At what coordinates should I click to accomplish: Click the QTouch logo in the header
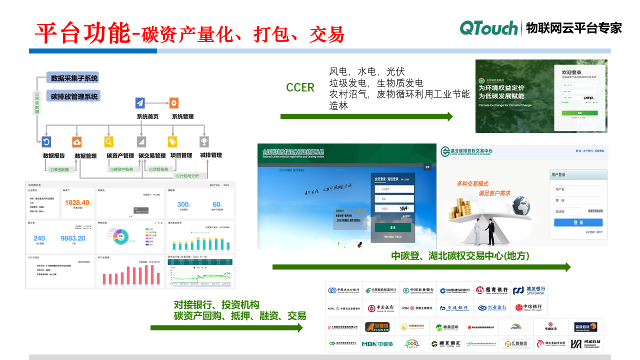coord(488,28)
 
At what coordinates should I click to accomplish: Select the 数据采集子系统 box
coord(74,78)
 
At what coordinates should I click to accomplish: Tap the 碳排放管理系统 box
coord(74,96)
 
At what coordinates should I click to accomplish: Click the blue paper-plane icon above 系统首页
coord(140,103)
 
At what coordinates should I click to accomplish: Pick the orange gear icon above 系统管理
coord(174,103)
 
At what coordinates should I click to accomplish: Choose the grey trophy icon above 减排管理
coord(204,141)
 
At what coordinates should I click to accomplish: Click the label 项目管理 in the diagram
coord(181,155)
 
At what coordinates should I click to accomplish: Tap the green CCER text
coord(300,88)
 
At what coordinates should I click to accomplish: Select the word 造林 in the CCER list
coord(338,106)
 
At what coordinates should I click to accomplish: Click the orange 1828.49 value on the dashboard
coord(77,202)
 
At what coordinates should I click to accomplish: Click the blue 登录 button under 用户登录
coord(578,222)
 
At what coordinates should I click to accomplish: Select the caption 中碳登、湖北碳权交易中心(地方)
coord(460,256)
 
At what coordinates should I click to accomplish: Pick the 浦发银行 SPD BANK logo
coord(529,290)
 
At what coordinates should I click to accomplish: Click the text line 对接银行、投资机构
coord(216,305)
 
